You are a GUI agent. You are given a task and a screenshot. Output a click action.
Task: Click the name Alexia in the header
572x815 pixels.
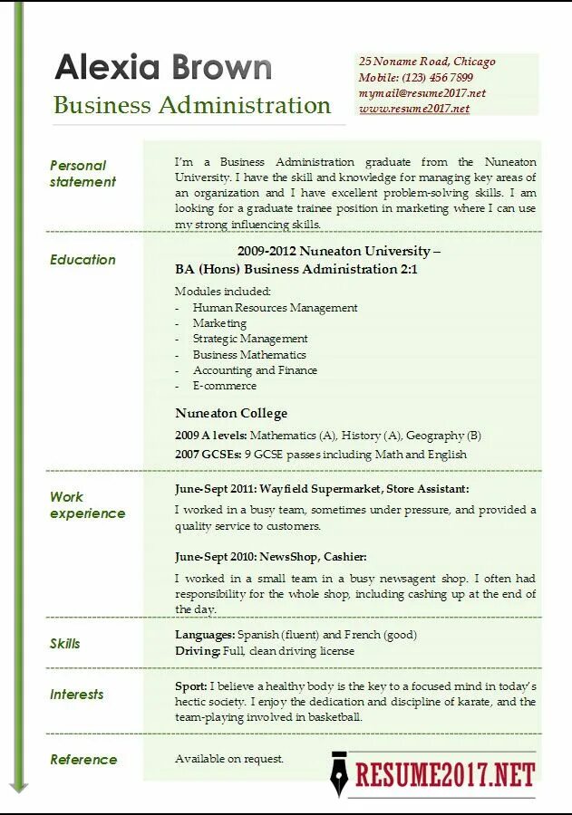click(108, 68)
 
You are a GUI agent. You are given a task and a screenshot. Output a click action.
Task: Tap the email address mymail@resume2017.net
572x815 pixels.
click(422, 93)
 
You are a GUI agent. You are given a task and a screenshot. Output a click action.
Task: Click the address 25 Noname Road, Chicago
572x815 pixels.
click(427, 62)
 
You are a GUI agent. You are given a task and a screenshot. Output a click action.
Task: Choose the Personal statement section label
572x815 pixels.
click(82, 174)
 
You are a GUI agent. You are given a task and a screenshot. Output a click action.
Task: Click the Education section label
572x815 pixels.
click(82, 260)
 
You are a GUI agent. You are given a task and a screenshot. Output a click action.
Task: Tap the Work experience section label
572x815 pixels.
click(87, 505)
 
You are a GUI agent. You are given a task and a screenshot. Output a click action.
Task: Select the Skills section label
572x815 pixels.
click(65, 644)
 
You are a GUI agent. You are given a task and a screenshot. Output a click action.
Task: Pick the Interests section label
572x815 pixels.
click(77, 695)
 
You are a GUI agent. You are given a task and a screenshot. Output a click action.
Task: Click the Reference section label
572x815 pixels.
click(83, 760)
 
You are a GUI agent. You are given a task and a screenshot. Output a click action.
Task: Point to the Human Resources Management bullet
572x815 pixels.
click(275, 308)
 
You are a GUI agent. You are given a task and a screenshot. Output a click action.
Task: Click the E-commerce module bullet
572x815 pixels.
click(224, 386)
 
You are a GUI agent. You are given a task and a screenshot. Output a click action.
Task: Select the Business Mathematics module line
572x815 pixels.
click(249, 355)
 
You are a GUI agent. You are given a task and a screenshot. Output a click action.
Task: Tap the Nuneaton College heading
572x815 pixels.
click(231, 413)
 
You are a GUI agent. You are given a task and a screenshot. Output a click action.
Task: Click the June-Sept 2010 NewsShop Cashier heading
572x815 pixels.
click(270, 556)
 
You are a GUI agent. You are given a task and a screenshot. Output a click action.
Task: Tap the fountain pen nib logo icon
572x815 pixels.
click(339, 773)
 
